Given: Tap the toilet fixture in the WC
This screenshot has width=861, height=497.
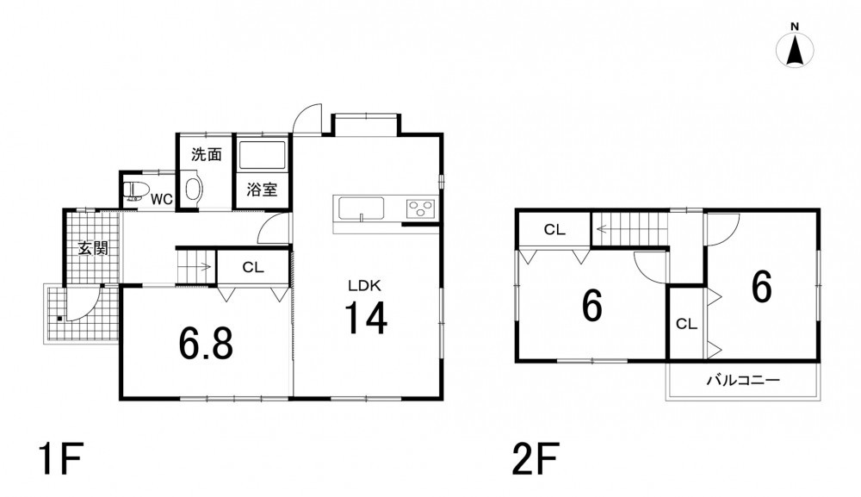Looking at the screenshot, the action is (x=136, y=190).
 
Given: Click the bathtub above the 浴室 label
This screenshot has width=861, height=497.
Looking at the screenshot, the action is (x=262, y=155).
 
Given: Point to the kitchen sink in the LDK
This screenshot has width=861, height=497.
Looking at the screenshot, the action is (x=362, y=208).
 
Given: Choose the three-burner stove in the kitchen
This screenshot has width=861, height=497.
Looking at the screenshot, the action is (x=421, y=208).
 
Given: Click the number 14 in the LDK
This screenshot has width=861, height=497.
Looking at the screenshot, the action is (x=366, y=318).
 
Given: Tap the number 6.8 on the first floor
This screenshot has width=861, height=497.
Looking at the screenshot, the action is (x=206, y=343).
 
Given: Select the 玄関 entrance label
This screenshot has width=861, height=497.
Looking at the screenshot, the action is (x=93, y=248).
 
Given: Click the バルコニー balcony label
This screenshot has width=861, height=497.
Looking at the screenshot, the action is (x=743, y=380).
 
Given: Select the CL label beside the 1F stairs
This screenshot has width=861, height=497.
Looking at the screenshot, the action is (x=253, y=267).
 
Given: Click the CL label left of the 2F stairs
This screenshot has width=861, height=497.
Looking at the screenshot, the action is (x=554, y=230).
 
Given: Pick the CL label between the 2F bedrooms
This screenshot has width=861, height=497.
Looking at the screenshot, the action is (x=686, y=324).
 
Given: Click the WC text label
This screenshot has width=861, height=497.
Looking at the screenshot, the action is (x=162, y=199).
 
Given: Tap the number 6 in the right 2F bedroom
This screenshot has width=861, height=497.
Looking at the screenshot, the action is (x=762, y=287).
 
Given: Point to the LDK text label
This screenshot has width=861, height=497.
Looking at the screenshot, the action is (x=364, y=286).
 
